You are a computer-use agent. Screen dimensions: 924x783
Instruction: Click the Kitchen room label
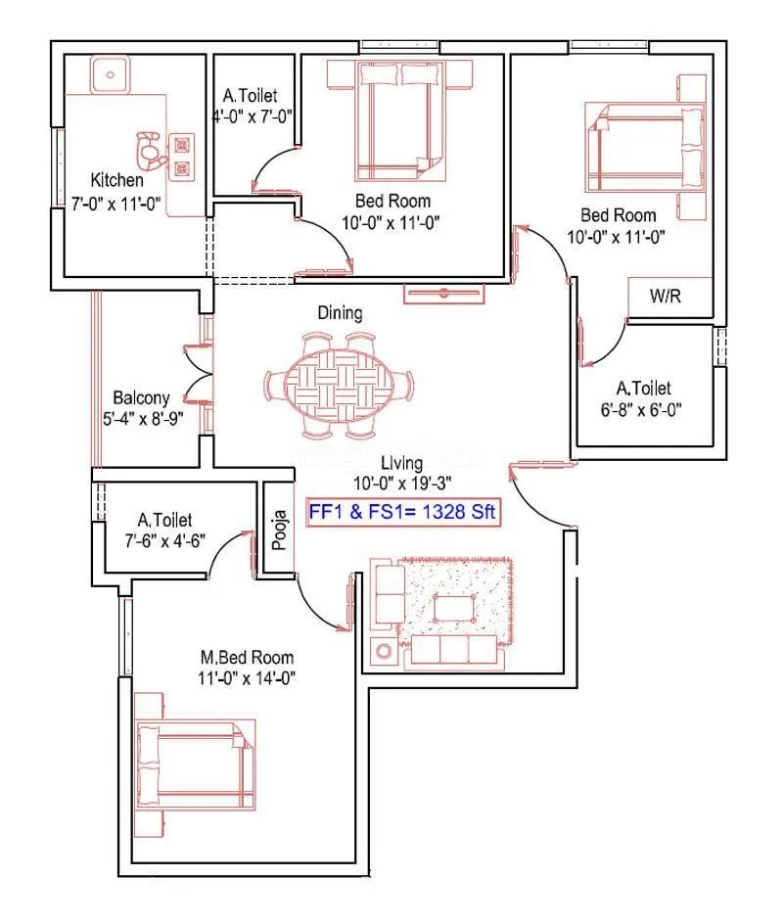(x=117, y=180)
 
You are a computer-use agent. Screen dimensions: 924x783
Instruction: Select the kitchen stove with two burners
(x=182, y=157)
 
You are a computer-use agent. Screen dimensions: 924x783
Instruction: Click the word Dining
(x=340, y=313)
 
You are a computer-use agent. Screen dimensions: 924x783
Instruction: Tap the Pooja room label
(x=279, y=530)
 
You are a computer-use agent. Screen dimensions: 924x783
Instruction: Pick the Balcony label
(x=141, y=398)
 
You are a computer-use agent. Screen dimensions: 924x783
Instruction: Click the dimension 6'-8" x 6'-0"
(x=642, y=410)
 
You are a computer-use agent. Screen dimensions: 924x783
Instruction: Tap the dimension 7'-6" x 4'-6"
(x=164, y=541)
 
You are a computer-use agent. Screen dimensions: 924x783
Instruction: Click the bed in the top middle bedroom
(x=388, y=115)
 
